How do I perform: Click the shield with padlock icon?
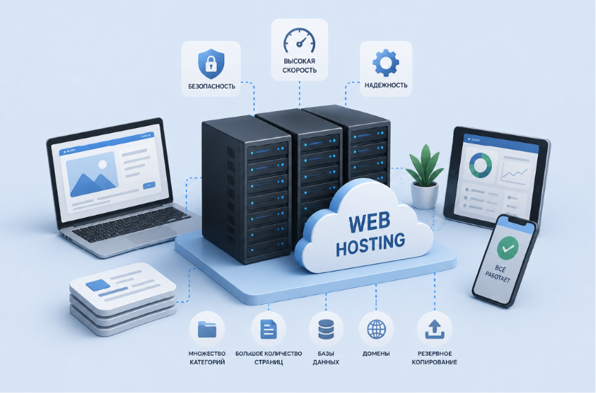click(212, 63)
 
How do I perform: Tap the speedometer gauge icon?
click(300, 40)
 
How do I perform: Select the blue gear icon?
click(386, 62)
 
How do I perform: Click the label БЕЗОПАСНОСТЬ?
click(212, 86)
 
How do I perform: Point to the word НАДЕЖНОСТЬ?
click(386, 85)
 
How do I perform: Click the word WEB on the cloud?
click(369, 223)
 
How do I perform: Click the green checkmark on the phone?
click(507, 248)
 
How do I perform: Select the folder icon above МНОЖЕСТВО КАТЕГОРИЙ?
click(207, 330)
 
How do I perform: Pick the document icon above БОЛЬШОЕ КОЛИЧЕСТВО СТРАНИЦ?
click(268, 329)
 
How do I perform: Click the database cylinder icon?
click(326, 330)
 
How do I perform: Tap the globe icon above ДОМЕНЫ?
click(376, 329)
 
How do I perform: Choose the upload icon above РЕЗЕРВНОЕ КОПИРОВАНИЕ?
click(435, 330)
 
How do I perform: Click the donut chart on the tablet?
click(480, 165)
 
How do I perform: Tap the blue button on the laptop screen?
click(149, 185)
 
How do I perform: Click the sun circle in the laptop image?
click(102, 165)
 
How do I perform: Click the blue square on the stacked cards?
click(97, 285)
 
